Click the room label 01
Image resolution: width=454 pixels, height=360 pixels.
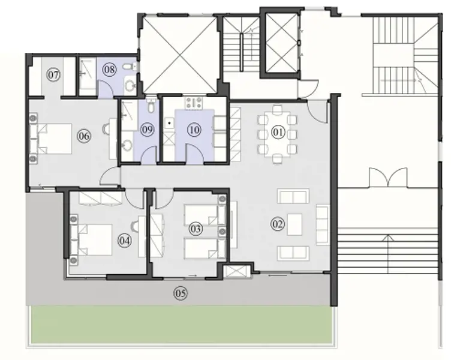(277, 132)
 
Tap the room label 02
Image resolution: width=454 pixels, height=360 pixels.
(277, 225)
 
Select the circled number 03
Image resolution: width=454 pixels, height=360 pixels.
(195, 229)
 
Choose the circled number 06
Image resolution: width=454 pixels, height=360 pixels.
(83, 136)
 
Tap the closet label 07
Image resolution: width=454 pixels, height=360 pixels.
(53, 75)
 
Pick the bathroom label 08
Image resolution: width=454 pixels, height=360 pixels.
(109, 70)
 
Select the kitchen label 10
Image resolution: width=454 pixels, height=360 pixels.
(193, 130)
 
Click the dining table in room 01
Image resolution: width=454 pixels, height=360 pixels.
(277, 133)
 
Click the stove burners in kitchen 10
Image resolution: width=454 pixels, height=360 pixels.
(194, 103)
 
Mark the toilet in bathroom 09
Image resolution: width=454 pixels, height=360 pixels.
(151, 106)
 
